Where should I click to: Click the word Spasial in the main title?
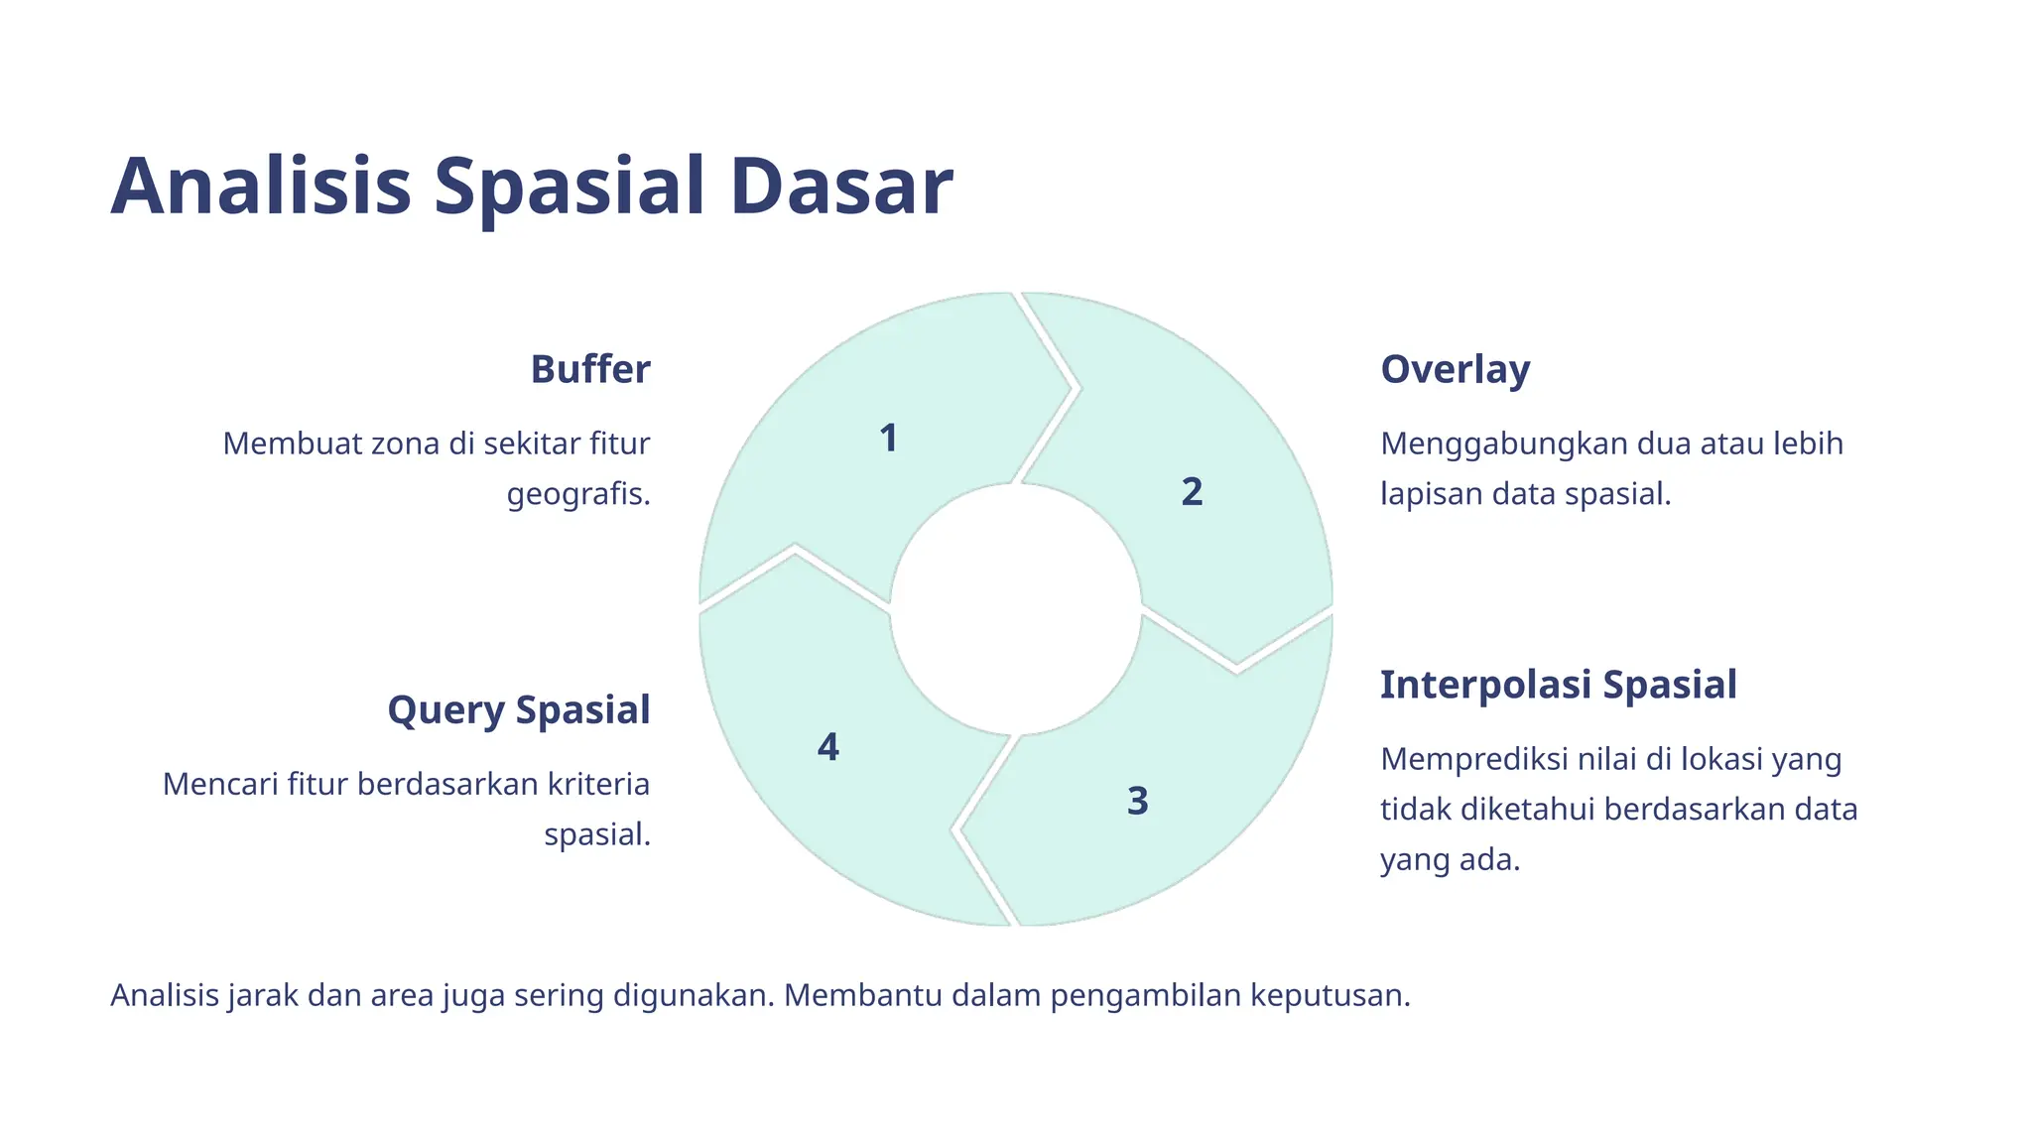[569, 189]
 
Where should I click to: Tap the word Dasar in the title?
[840, 187]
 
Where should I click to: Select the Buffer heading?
[589, 369]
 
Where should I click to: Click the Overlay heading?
[1455, 369]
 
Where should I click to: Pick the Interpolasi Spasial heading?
[1558, 685]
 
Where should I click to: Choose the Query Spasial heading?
[518, 710]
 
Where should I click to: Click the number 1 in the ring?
[888, 439]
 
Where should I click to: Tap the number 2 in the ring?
[1192, 492]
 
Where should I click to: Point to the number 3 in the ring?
[1137, 801]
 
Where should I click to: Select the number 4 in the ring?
[827, 747]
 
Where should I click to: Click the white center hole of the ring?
[1015, 609]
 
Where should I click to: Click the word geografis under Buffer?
[577, 494]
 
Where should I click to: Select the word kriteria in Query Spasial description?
[598, 784]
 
